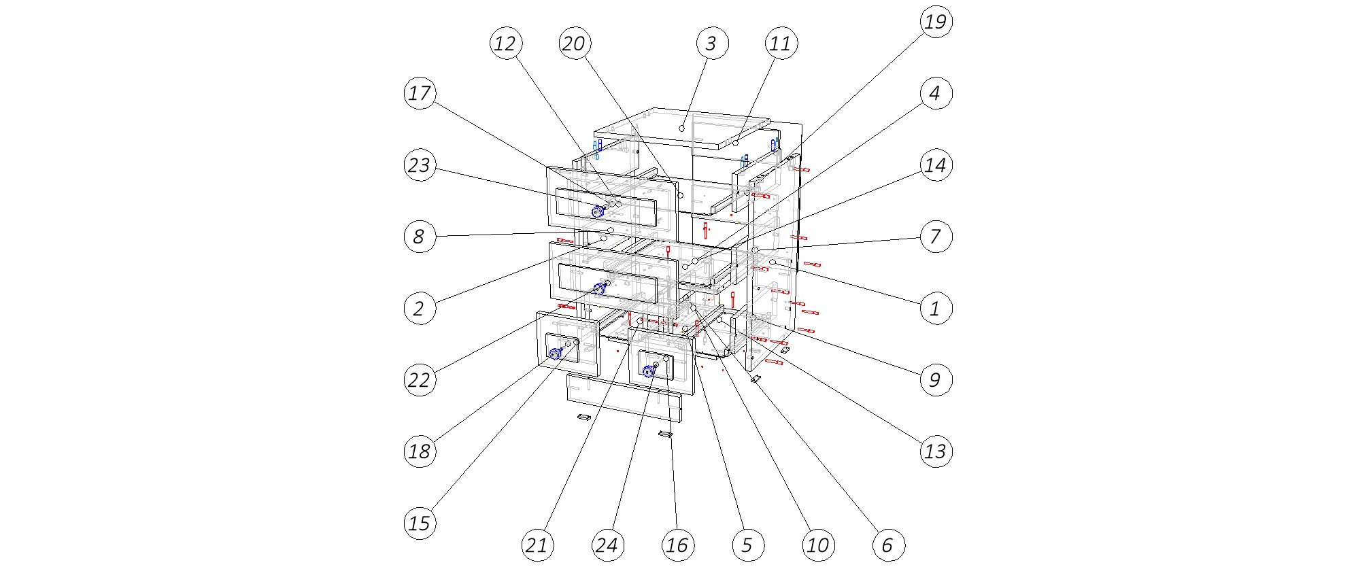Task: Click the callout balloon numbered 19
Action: (936, 22)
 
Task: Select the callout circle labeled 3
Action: (711, 44)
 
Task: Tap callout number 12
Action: (505, 44)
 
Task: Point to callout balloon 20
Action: (574, 44)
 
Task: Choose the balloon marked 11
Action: (780, 44)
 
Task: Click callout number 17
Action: (420, 93)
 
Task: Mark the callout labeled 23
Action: (420, 165)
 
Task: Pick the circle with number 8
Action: (420, 237)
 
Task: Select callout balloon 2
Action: (420, 309)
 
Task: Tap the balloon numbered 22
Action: (420, 380)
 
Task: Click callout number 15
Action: (420, 523)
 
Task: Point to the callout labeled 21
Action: (537, 545)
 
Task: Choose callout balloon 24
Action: (607, 545)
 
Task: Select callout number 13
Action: (936, 451)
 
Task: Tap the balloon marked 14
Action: (936, 165)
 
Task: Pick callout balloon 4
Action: (936, 93)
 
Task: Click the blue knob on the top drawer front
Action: (596, 212)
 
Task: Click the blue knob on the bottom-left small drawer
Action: (555, 353)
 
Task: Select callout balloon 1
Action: (936, 309)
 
